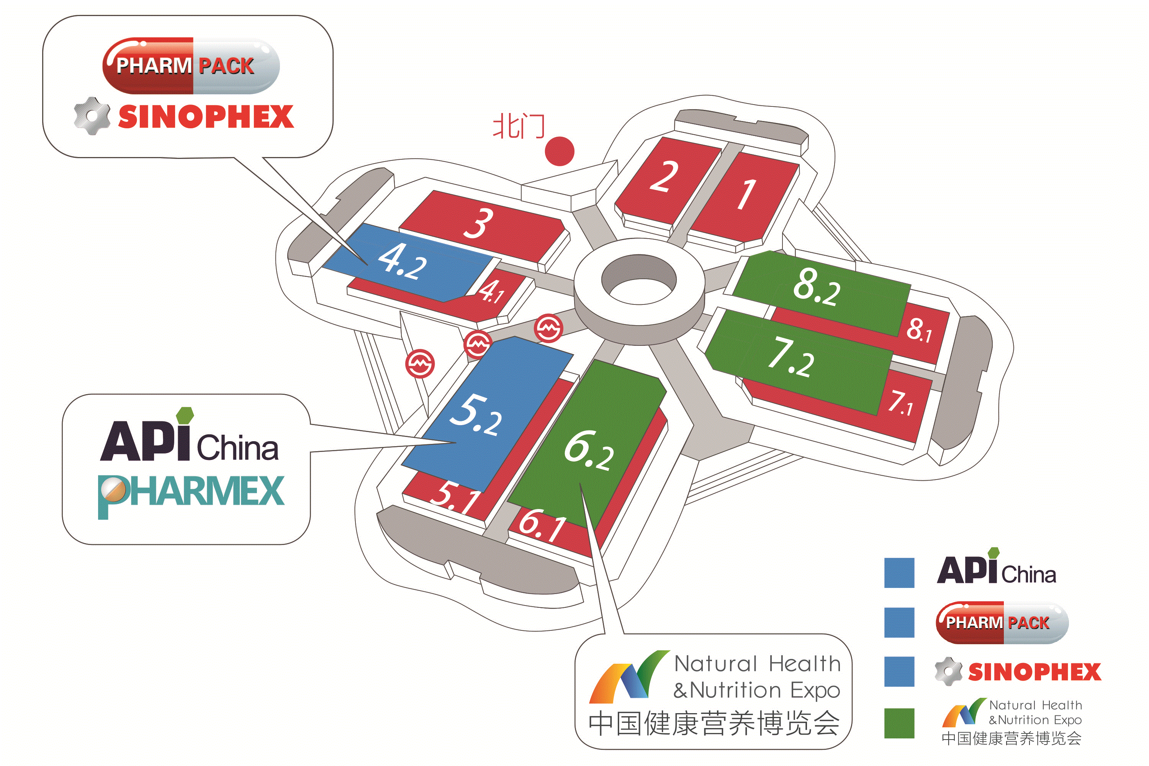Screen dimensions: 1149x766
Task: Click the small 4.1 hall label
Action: [x=491, y=291]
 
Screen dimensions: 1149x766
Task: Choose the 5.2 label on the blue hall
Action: [x=475, y=415]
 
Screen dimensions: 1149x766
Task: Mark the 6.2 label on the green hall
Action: [x=589, y=451]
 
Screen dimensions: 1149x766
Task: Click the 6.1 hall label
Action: [x=542, y=525]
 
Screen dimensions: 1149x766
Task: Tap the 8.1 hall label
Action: [x=920, y=330]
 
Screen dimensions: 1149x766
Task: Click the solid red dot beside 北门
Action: [x=559, y=151]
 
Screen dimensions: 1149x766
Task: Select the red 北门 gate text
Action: [x=519, y=126]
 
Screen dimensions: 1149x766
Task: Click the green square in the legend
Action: [x=899, y=723]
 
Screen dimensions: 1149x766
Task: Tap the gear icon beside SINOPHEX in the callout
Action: [x=92, y=116]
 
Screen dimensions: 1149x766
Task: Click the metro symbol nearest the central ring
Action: [x=548, y=328]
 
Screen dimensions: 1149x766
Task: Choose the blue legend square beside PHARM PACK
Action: [x=899, y=622]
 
